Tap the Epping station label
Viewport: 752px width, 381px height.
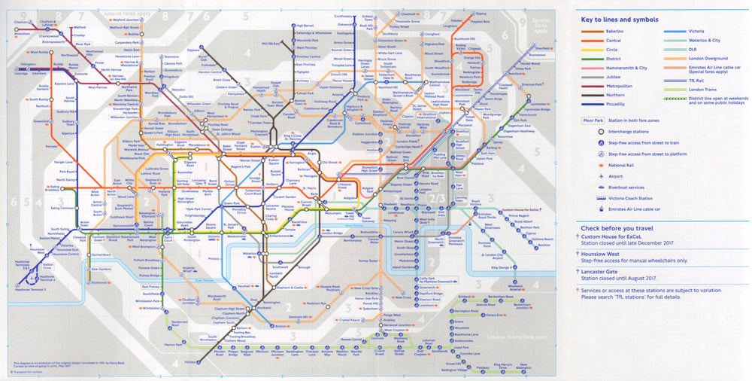pyautogui.click(x=481, y=13)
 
